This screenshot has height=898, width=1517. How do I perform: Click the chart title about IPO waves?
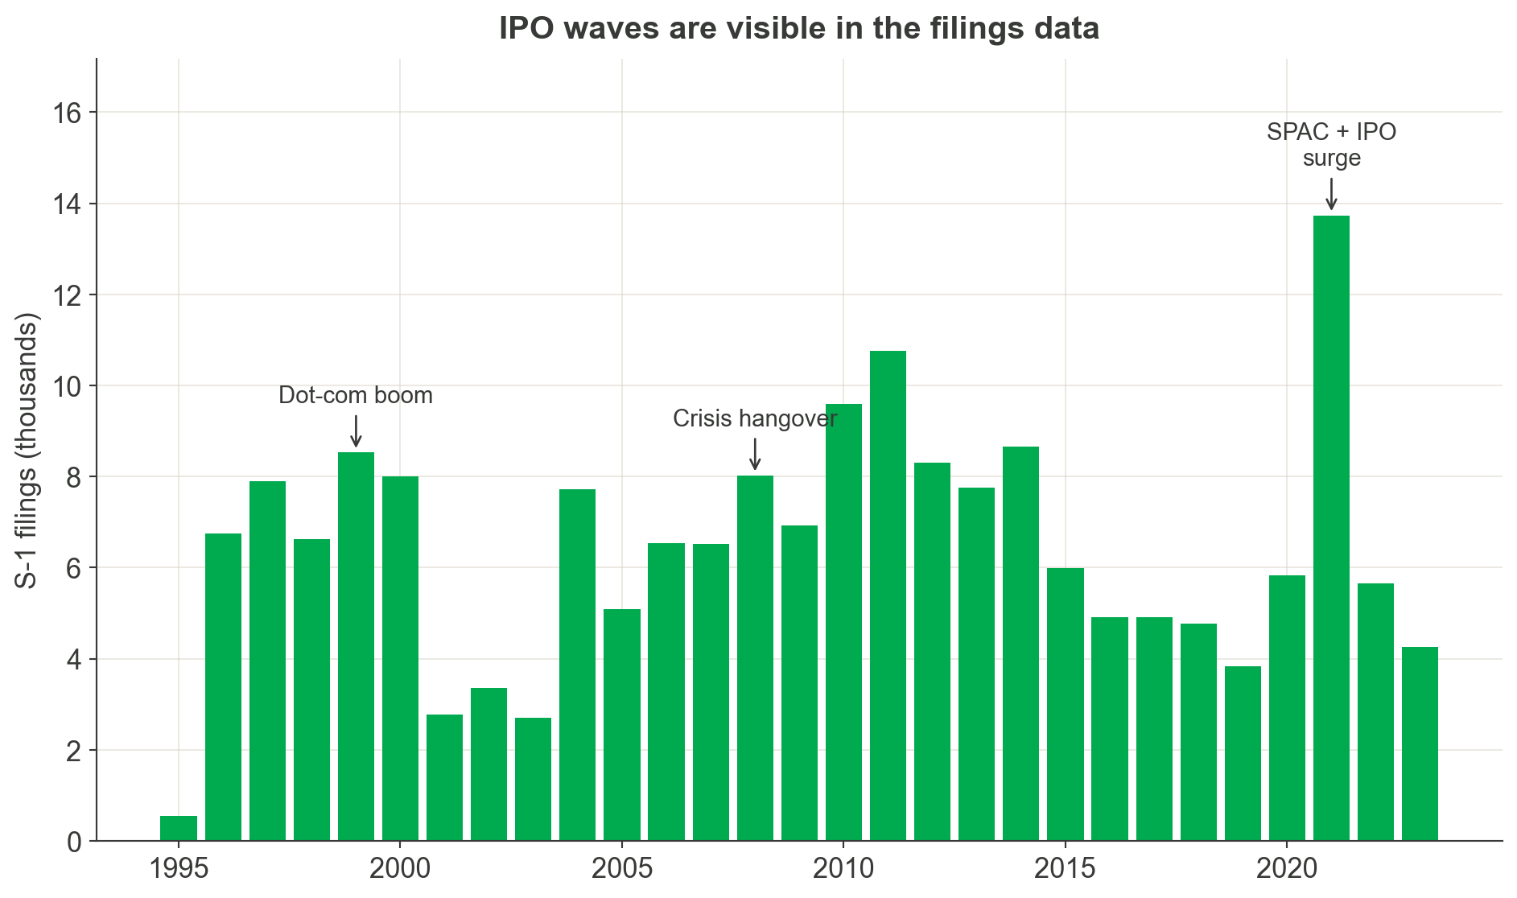click(x=798, y=29)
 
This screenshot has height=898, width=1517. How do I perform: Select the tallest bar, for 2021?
click(x=1331, y=528)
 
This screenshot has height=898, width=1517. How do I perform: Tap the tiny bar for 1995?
click(x=179, y=829)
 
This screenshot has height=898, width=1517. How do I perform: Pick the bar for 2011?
click(x=888, y=595)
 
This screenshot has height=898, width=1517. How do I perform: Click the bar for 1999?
click(x=356, y=646)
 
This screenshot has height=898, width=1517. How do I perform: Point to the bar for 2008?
click(x=755, y=658)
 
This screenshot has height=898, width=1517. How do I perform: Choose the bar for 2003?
click(x=533, y=779)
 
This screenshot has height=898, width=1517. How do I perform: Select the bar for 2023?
click(x=1420, y=744)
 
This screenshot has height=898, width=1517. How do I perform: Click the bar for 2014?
click(x=1020, y=644)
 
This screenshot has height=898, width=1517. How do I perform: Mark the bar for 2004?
click(x=577, y=665)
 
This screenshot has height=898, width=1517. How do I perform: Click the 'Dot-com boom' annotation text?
click(x=356, y=396)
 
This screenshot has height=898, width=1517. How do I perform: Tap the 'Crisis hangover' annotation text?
click(x=755, y=419)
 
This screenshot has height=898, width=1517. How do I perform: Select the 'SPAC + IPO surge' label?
click(x=1331, y=145)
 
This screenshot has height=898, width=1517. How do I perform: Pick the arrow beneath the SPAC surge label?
click(x=1331, y=195)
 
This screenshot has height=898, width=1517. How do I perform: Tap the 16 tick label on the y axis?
click(x=68, y=113)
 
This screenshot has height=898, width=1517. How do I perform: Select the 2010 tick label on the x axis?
click(x=843, y=869)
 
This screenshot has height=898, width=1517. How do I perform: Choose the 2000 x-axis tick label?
click(x=400, y=869)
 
